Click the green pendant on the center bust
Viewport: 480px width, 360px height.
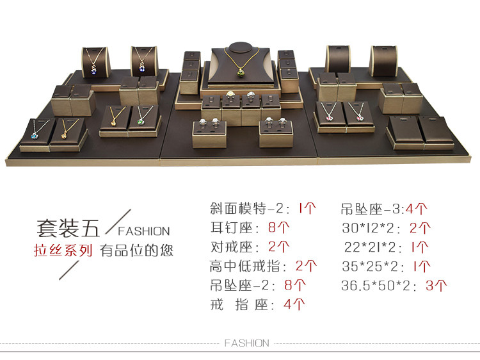(x=241, y=73)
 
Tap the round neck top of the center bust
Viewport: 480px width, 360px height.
(x=241, y=48)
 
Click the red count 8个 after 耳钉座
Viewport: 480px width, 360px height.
(x=278, y=227)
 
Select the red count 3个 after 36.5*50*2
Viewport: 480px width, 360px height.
(x=436, y=286)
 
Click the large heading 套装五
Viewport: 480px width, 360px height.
(x=68, y=228)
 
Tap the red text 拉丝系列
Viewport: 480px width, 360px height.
(x=63, y=250)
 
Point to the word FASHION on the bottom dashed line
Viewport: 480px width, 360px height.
(x=247, y=343)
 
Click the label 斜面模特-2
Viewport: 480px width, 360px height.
(x=247, y=209)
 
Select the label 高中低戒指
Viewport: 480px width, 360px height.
(x=244, y=266)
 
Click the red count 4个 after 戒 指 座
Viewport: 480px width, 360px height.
(x=294, y=304)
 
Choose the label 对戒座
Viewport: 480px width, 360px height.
(x=232, y=247)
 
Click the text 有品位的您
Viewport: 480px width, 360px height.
(x=136, y=250)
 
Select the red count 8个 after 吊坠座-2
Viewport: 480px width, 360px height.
(x=295, y=285)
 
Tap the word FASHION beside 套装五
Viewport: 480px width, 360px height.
(x=144, y=231)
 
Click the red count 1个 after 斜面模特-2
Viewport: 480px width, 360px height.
(x=307, y=209)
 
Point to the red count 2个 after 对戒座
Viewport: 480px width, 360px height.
(x=278, y=247)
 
